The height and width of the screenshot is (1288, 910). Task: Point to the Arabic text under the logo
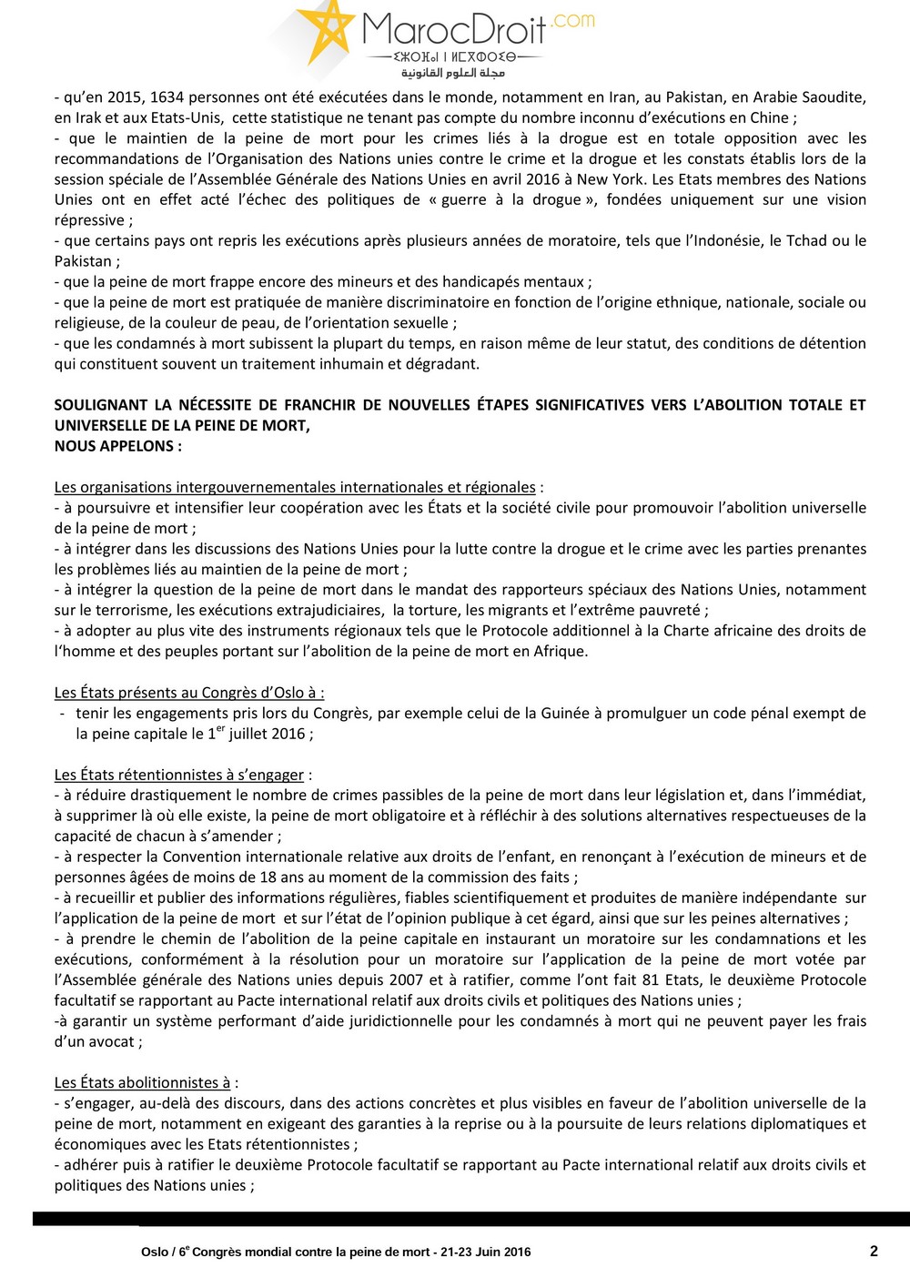[x=453, y=73]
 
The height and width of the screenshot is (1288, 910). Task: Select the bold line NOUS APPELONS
[x=117, y=446]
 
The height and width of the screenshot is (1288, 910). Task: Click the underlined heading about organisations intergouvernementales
[x=295, y=488]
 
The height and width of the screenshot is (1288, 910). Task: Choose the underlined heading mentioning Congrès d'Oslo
[x=187, y=693]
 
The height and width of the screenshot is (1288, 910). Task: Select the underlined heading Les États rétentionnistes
[x=179, y=775]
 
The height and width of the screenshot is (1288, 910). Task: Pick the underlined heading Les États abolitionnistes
[x=143, y=1083]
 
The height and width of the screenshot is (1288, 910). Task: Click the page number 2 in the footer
[x=874, y=1251]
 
